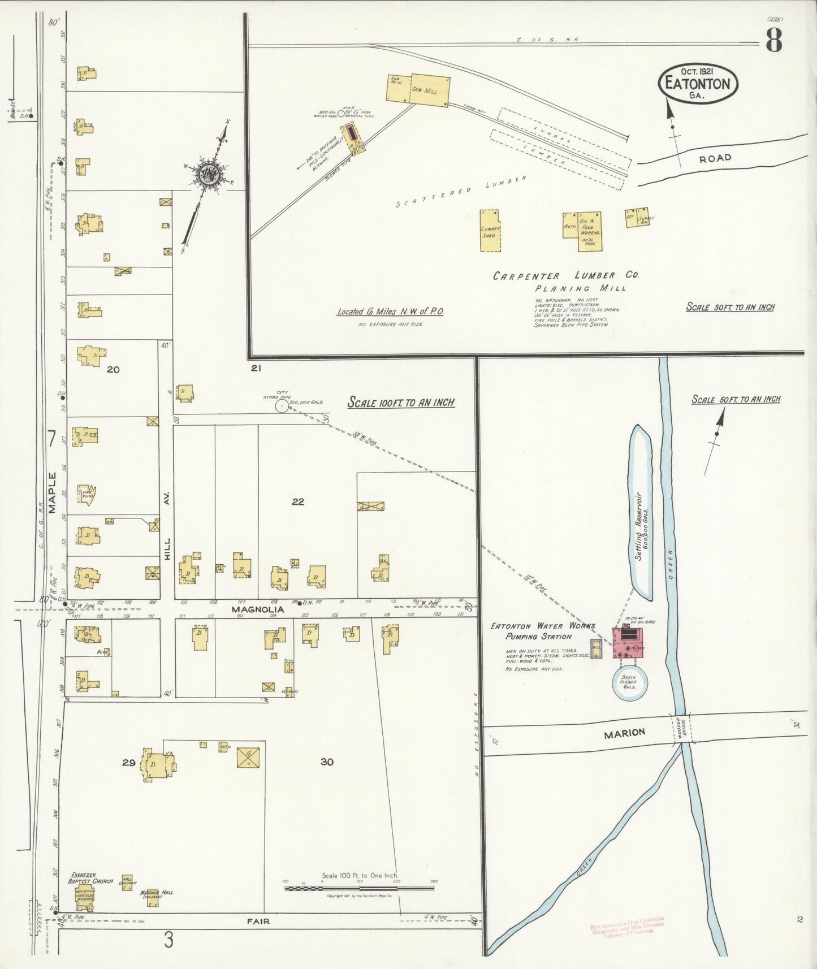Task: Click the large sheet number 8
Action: (774, 40)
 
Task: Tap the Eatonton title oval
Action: (698, 84)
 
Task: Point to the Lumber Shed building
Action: (490, 230)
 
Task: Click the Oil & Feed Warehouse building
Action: (589, 231)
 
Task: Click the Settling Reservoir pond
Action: (641, 512)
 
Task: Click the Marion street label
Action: (624, 733)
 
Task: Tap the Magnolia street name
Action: (257, 609)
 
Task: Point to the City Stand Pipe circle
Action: (281, 405)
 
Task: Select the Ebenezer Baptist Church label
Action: (90, 878)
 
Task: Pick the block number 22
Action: (298, 501)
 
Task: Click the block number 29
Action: (128, 763)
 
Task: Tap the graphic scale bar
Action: (360, 888)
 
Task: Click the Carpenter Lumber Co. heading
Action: (565, 275)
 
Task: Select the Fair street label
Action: (258, 921)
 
